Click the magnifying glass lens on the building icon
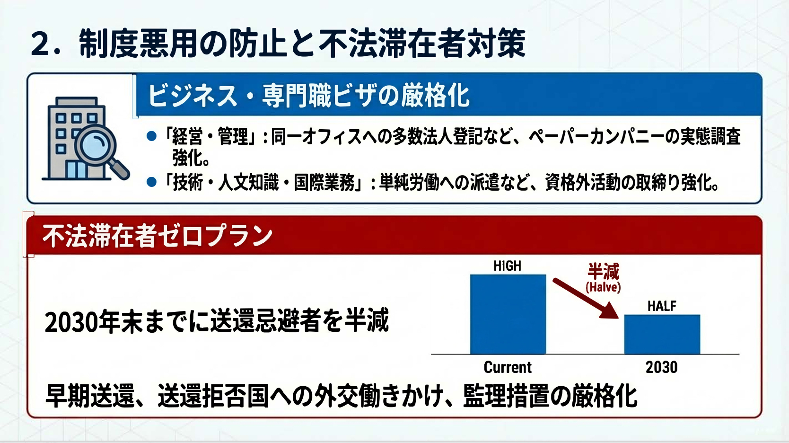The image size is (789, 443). pyautogui.click(x=95, y=143)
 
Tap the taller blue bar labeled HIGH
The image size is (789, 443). pyautogui.click(x=508, y=314)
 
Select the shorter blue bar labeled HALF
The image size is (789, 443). pyautogui.click(x=662, y=335)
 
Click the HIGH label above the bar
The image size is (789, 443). pyautogui.click(x=507, y=266)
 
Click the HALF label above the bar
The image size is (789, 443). pyautogui.click(x=662, y=306)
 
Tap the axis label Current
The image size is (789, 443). pyautogui.click(x=508, y=367)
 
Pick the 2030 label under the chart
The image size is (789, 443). pyautogui.click(x=661, y=367)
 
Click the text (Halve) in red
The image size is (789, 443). pyautogui.click(x=603, y=287)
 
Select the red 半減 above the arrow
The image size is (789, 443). pyautogui.click(x=603, y=271)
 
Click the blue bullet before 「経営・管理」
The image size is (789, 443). pyautogui.click(x=151, y=136)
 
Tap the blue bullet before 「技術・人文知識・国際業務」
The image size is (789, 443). pyautogui.click(x=151, y=182)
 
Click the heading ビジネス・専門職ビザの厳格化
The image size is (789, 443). pyautogui.click(x=308, y=95)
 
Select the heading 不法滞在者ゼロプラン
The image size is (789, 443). pyautogui.click(x=158, y=236)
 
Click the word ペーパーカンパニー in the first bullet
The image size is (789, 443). pyautogui.click(x=596, y=137)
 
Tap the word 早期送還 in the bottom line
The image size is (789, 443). pyautogui.click(x=90, y=396)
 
